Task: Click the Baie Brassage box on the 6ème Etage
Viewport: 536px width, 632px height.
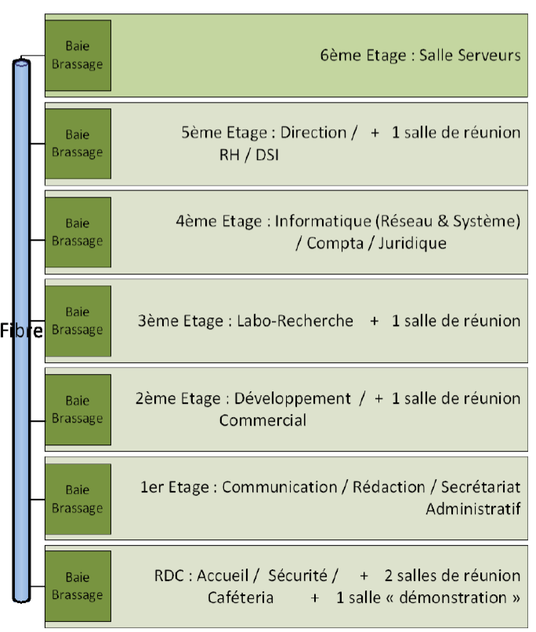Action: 78,55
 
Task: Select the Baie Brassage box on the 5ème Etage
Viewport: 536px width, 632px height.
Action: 78,143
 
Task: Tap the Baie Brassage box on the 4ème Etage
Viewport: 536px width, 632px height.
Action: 78,232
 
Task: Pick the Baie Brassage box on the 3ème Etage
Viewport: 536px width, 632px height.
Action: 78,321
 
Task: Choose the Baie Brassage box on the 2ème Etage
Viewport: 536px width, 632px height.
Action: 78,409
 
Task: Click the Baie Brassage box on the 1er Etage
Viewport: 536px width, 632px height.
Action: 78,498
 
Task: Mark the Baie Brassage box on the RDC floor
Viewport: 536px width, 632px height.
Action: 78,587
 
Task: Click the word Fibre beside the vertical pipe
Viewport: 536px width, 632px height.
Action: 22,330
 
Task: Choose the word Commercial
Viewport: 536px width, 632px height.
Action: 262,420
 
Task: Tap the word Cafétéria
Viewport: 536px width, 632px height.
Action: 241,597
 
